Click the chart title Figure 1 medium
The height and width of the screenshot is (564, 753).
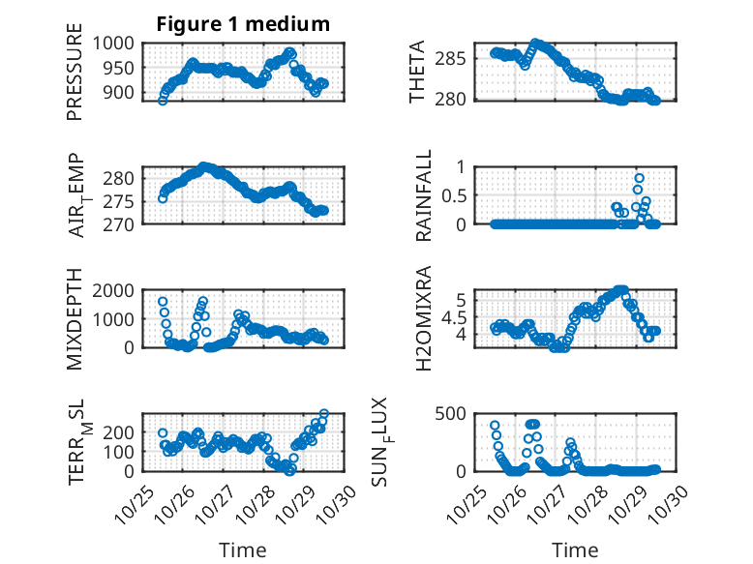pyautogui.click(x=243, y=24)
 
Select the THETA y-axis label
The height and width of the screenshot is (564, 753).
pyautogui.click(x=417, y=72)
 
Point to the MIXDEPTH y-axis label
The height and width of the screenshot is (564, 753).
pyautogui.click(x=75, y=319)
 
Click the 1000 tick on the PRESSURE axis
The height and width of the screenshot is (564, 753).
pyautogui.click(x=116, y=43)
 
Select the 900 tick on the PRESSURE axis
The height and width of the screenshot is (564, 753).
pyautogui.click(x=122, y=93)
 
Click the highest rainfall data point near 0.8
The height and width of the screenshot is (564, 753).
pyautogui.click(x=639, y=178)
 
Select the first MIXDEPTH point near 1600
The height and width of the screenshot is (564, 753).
pyautogui.click(x=163, y=302)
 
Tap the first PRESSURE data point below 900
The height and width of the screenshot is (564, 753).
pyautogui.click(x=163, y=100)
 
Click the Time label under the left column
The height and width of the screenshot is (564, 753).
pyautogui.click(x=242, y=550)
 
